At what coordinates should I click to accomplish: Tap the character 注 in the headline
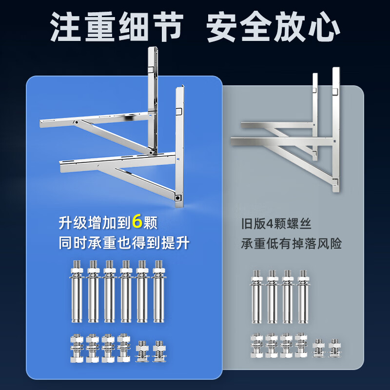pos(65,26)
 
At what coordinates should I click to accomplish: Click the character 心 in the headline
pos(324,26)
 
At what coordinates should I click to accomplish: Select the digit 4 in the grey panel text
pos(270,224)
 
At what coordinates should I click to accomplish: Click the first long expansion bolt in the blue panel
pos(77,291)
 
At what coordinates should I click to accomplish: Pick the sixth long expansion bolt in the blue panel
pos(159,291)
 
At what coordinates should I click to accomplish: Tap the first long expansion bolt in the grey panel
pos(257,296)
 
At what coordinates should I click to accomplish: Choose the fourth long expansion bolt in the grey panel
pos(303,296)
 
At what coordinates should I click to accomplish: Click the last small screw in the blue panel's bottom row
pos(159,351)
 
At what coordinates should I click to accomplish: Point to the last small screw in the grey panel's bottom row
pos(334,348)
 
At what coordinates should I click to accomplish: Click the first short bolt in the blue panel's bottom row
pos(77,348)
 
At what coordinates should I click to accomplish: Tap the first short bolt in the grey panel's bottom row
pos(257,345)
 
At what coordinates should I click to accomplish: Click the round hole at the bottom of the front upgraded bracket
pos(177,198)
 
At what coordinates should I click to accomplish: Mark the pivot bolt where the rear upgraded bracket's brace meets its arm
pos(77,122)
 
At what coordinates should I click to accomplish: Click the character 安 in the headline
pos(222,26)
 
